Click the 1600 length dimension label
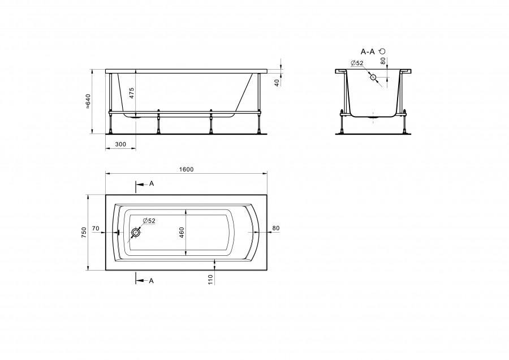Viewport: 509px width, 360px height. pos(186,169)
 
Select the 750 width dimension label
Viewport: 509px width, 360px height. pos(84,233)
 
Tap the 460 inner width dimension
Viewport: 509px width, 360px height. pos(182,232)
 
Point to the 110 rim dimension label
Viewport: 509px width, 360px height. pos(211,280)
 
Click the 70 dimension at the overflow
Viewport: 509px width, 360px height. pos(96,229)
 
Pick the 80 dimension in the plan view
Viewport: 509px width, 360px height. pos(275,228)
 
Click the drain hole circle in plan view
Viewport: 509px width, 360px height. pos(135,233)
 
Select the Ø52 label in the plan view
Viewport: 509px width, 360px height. pos(149,221)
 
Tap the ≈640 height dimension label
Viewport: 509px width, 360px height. pos(88,101)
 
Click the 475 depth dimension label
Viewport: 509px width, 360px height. pos(131,93)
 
